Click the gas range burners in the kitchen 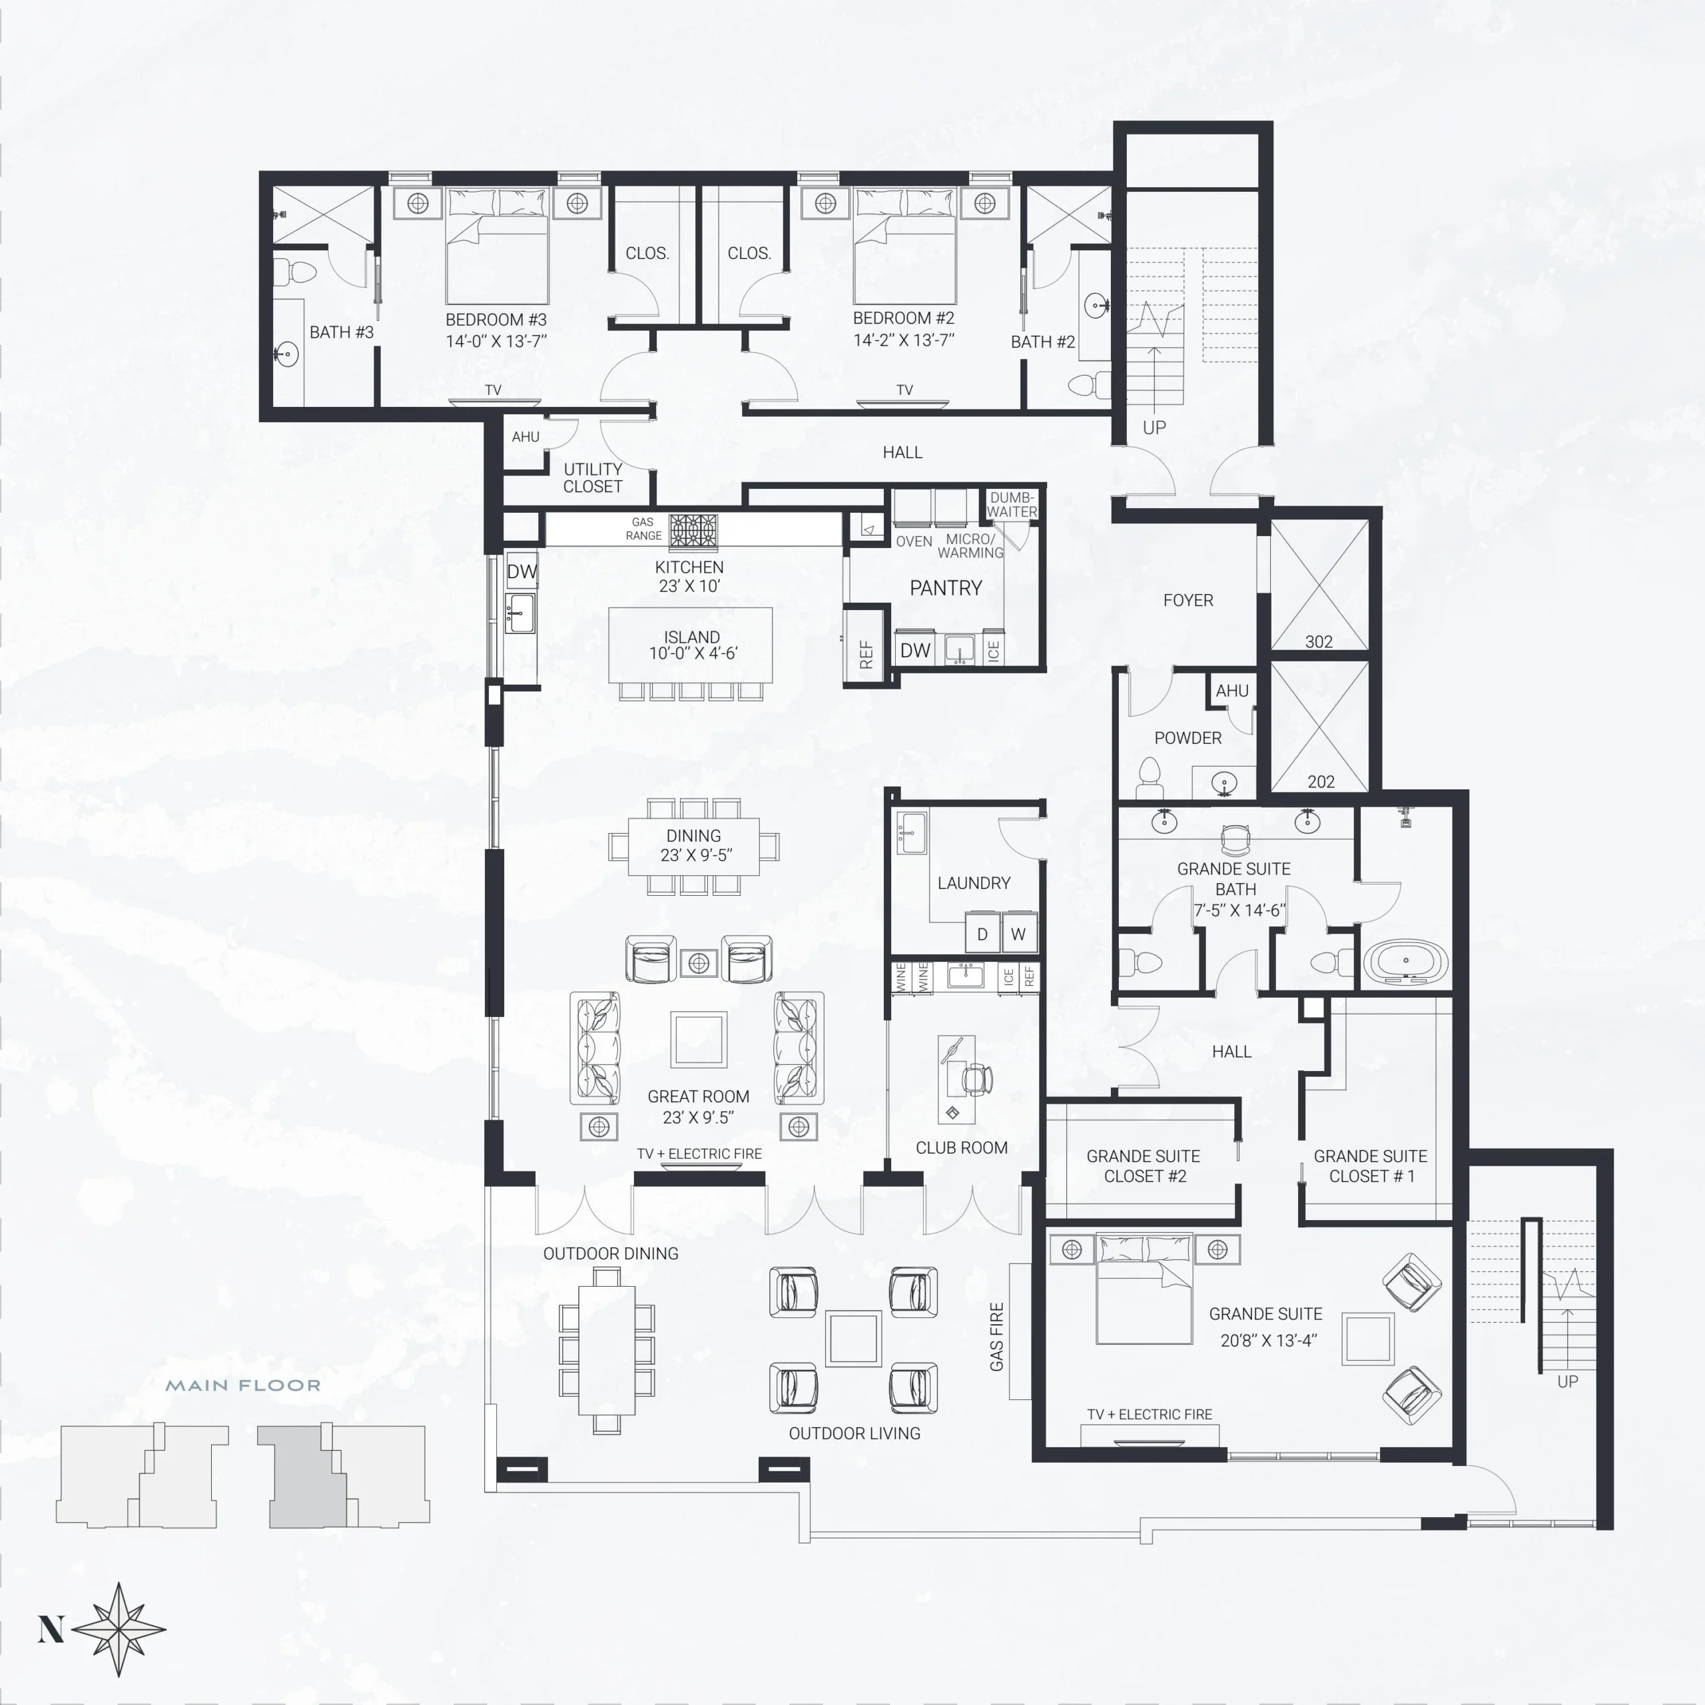click(x=693, y=532)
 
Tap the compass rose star click(x=119, y=1629)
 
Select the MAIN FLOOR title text click(x=244, y=1385)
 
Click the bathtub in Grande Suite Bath click(x=1406, y=961)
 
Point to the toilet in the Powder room click(x=1148, y=777)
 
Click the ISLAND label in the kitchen click(x=692, y=637)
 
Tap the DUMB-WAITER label click(x=1012, y=504)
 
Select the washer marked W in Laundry click(x=1018, y=934)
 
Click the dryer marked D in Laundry click(x=982, y=934)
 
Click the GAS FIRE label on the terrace click(x=997, y=1337)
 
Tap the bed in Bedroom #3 click(x=497, y=245)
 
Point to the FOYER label click(x=1188, y=600)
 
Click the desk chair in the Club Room click(x=976, y=1078)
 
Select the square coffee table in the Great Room click(x=698, y=1040)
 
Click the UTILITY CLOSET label click(x=593, y=478)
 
